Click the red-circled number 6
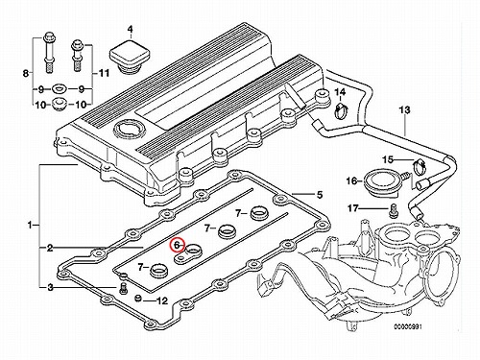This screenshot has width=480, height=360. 177,245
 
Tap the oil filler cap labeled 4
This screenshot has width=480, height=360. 130,57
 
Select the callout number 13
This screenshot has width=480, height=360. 404,110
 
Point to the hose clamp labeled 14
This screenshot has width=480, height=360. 341,110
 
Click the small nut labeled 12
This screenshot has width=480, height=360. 138,299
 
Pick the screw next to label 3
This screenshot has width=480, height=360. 123,288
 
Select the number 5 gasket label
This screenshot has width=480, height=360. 320,194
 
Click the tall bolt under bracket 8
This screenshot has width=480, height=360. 49,52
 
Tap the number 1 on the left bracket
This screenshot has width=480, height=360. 30,226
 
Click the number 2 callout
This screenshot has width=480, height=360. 50,248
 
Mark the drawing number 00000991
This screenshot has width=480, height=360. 408,327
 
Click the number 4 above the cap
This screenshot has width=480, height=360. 130,30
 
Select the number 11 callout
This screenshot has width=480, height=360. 103,73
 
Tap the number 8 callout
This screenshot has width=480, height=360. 26,73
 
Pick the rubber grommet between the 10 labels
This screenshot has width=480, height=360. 59,104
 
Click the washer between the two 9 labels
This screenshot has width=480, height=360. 59,87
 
